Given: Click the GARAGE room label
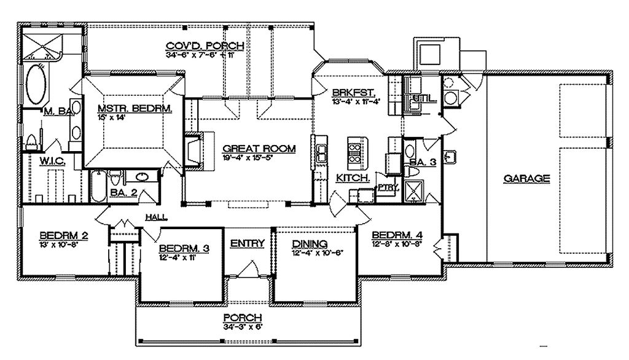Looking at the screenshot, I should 526,179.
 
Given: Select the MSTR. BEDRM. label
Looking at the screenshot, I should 135,109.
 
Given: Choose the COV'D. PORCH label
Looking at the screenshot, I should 205,46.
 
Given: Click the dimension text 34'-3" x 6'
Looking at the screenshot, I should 243,327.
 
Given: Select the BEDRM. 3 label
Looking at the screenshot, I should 184,248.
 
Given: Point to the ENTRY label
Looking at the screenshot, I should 248,243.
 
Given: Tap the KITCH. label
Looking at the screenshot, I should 352,178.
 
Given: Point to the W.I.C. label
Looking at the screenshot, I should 42,161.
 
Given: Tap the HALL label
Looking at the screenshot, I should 154,217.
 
